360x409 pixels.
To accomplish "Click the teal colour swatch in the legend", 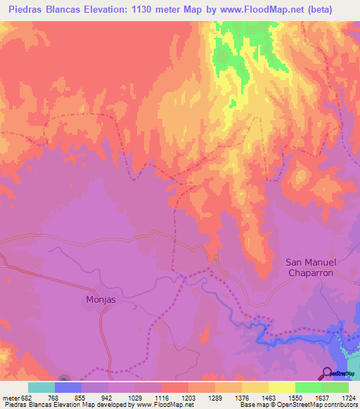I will (41, 387).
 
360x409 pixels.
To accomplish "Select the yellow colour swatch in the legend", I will (281, 387).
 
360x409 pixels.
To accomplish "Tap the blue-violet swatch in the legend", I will (67, 387).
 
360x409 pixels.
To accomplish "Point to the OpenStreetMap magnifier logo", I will (327, 372).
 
